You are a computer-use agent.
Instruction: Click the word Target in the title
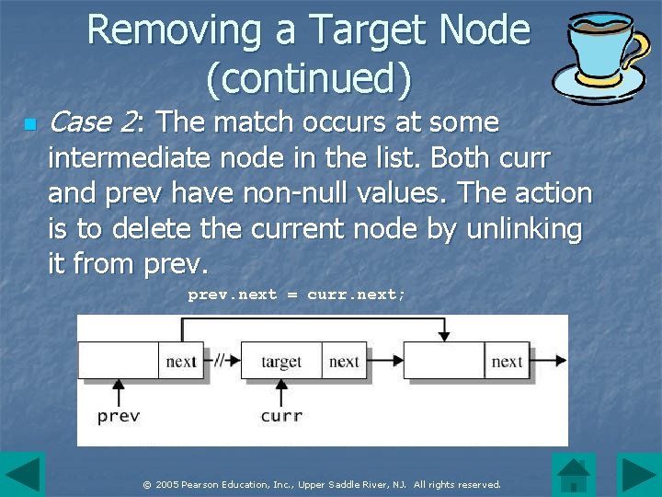tap(377, 30)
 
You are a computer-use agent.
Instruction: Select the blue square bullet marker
tap(29, 123)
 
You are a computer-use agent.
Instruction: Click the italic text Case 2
tap(92, 121)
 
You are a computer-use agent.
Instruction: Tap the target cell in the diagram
tap(280, 362)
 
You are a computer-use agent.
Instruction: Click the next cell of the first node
tap(181, 362)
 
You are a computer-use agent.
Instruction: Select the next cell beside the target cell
tap(344, 362)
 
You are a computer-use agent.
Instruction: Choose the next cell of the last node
tap(507, 362)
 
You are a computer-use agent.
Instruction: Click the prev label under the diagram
tap(119, 416)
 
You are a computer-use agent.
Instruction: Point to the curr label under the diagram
tap(281, 416)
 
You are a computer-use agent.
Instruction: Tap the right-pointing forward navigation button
tap(638, 475)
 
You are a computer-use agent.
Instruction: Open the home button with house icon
tap(574, 475)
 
